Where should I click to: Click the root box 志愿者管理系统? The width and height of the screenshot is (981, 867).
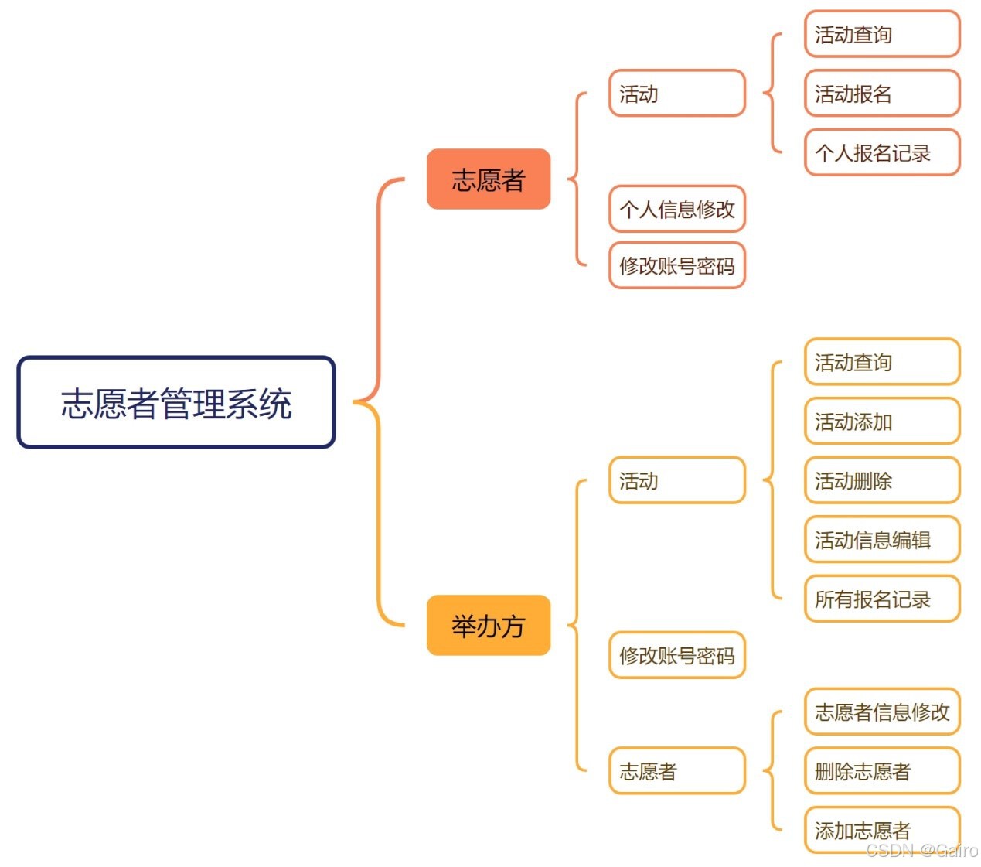click(176, 402)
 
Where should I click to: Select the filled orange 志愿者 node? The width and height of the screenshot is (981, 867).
click(489, 179)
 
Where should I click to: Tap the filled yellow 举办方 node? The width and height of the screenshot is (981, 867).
click(489, 626)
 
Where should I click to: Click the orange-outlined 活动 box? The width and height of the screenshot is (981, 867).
click(677, 94)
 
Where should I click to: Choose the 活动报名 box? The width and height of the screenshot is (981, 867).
click(882, 94)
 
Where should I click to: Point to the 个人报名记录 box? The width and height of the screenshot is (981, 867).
click(882, 153)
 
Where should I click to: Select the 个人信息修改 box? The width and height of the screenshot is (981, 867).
click(677, 209)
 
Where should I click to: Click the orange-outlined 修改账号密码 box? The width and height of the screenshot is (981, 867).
click(677, 266)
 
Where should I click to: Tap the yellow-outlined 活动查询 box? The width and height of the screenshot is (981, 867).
click(882, 362)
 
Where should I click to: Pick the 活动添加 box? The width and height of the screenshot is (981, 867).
click(882, 422)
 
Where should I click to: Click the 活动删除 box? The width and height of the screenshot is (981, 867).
click(882, 481)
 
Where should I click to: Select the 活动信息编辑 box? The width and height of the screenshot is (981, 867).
click(882, 540)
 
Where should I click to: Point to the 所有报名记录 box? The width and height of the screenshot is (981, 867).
click(882, 599)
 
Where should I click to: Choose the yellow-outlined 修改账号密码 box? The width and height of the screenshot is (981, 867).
click(677, 656)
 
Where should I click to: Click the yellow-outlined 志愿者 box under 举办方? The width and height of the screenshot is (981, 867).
click(677, 771)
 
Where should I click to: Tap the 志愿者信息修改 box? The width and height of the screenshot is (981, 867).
click(882, 712)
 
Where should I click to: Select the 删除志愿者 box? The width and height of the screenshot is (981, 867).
click(882, 771)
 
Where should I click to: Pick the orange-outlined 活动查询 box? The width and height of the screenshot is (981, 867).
click(882, 35)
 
